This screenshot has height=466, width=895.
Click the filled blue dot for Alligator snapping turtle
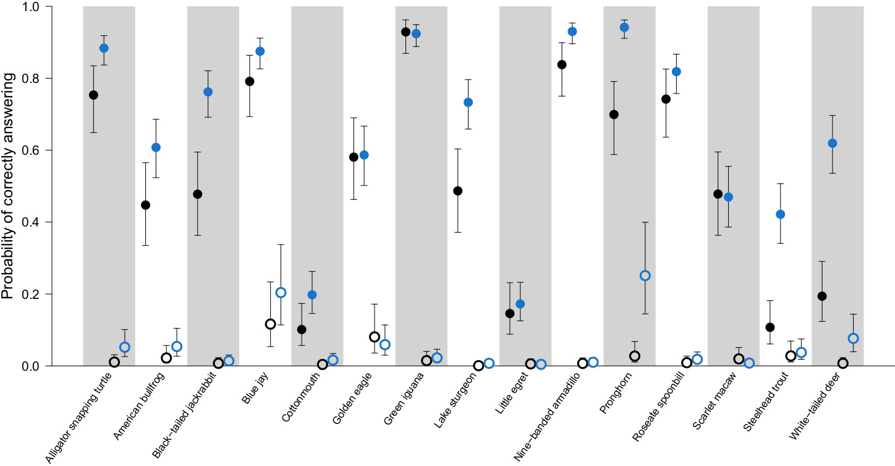click(x=104, y=48)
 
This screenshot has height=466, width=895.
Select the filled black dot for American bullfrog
click(x=146, y=205)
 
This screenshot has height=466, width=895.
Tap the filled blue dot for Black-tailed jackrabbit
click(x=208, y=92)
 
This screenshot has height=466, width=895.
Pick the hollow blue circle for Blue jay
click(x=281, y=293)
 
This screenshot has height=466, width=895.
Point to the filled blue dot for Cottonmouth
click(x=312, y=295)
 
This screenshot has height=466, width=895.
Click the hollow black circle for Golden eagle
click(x=375, y=337)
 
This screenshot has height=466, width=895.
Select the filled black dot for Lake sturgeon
click(x=458, y=191)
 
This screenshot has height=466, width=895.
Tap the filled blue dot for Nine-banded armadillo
click(x=572, y=32)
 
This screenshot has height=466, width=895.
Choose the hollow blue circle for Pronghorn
click(x=645, y=275)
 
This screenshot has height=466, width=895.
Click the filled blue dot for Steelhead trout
click(x=780, y=214)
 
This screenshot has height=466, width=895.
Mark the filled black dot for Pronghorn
click(x=614, y=114)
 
